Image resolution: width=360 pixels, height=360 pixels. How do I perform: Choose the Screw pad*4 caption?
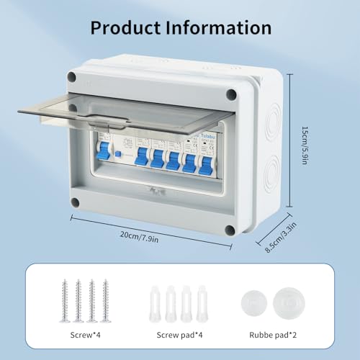click(x=180, y=335)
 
